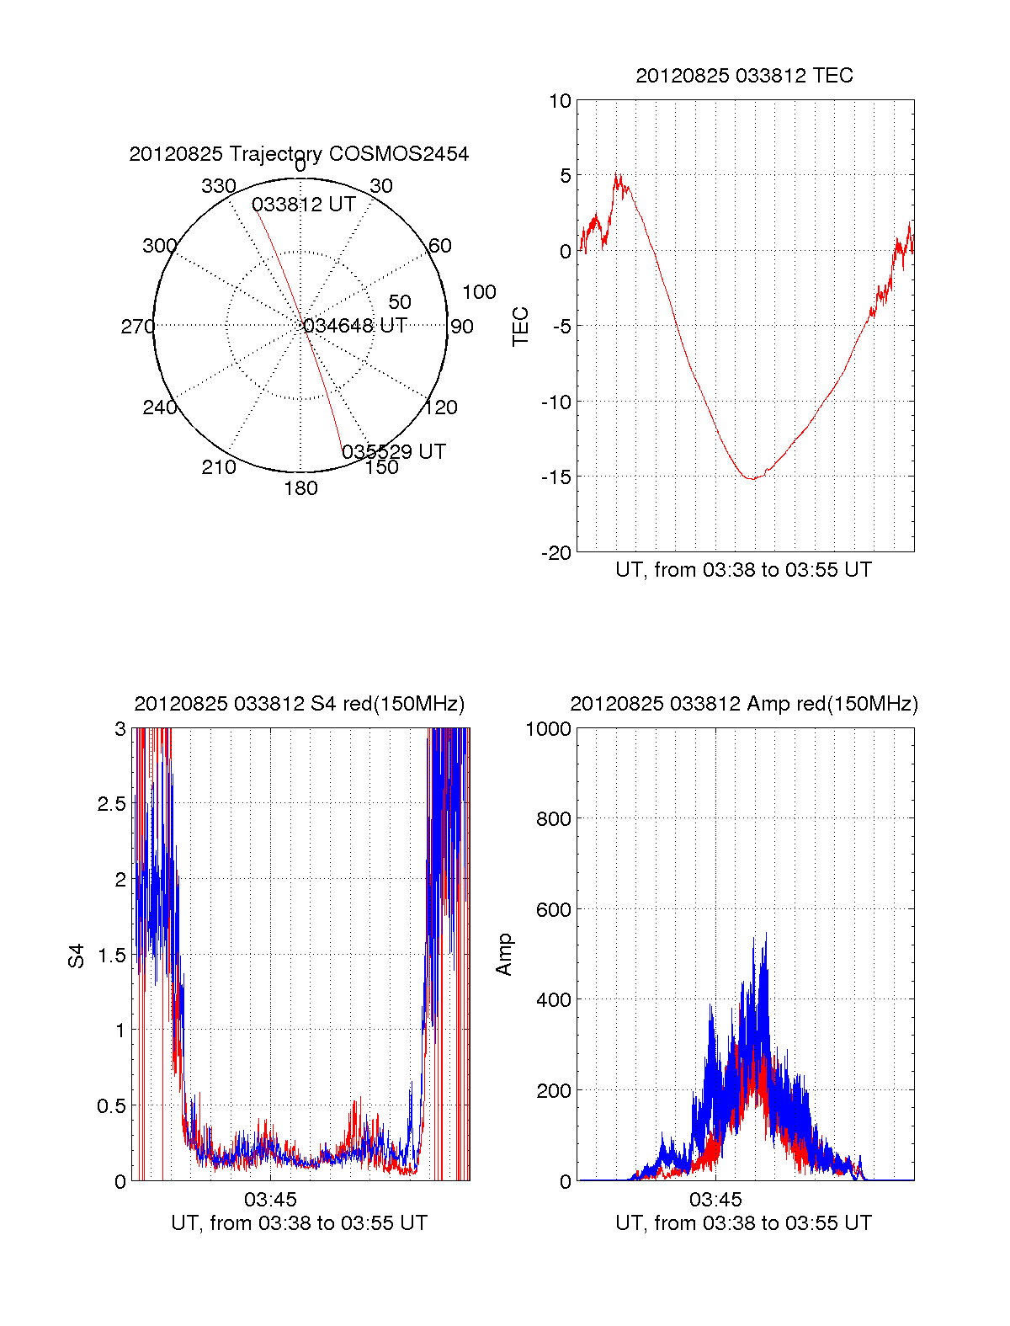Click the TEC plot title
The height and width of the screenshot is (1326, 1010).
click(x=744, y=76)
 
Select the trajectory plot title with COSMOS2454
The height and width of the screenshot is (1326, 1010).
click(x=299, y=154)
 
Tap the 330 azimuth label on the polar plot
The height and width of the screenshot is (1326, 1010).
click(x=218, y=186)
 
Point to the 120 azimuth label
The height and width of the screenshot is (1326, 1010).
click(x=441, y=408)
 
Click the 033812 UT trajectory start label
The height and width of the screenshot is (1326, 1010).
click(x=303, y=205)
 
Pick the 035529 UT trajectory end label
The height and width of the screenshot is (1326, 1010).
click(x=394, y=452)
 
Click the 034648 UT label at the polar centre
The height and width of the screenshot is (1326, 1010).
click(x=355, y=326)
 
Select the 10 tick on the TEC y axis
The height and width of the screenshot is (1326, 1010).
click(x=560, y=102)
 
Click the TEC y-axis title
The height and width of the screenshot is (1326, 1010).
click(x=521, y=327)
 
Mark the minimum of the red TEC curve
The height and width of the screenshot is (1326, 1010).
click(x=752, y=478)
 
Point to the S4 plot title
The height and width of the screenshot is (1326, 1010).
click(x=299, y=704)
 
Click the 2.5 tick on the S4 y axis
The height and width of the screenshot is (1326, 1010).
click(x=111, y=804)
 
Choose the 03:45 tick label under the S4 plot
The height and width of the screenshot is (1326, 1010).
click(x=270, y=1199)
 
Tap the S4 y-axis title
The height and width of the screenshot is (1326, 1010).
click(x=77, y=956)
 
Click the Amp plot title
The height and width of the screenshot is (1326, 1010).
click(x=744, y=704)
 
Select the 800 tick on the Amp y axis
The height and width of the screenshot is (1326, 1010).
click(x=553, y=819)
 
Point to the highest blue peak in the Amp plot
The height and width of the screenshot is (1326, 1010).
click(x=766, y=934)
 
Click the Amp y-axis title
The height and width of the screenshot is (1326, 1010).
click(x=504, y=955)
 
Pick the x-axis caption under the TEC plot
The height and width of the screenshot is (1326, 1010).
click(x=743, y=570)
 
